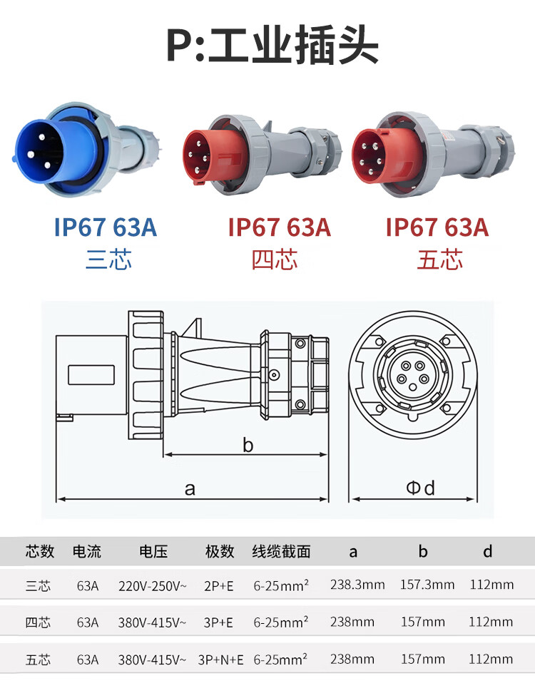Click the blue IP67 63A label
pos(105,227)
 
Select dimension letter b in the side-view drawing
pos(248,446)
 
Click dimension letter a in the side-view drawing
pos(190,489)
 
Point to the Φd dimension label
pos(421,488)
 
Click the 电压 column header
pos(153,551)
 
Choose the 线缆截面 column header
pos(281,551)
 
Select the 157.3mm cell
pos(427,585)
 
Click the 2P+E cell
pos(218,586)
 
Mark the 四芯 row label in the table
pos(38,622)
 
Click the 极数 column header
pos(220,551)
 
